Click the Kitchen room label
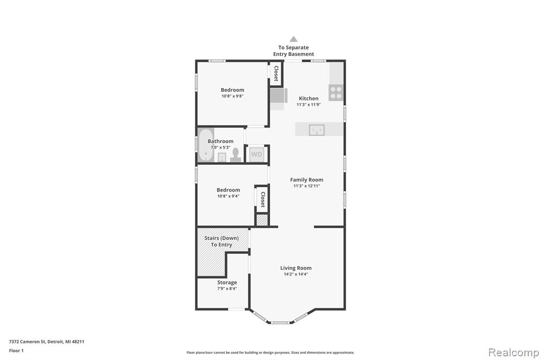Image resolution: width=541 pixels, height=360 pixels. [x=309, y=98]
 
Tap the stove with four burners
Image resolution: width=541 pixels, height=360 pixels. [x=335, y=92]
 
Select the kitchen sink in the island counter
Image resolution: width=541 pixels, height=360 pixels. [x=317, y=130]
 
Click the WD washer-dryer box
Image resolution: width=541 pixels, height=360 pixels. [x=256, y=154]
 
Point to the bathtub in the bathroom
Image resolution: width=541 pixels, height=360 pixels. [x=206, y=145]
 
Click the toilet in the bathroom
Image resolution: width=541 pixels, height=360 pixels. [x=236, y=155]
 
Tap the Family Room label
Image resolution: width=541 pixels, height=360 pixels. [x=306, y=179]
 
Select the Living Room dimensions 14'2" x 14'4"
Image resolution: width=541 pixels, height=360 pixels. [x=296, y=274]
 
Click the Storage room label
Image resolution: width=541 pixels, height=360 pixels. [x=227, y=282]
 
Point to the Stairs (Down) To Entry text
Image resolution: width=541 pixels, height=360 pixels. [x=221, y=241]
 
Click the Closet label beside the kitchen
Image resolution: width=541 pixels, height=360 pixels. [x=276, y=73]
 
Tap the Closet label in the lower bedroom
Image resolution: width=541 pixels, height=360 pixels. [x=263, y=200]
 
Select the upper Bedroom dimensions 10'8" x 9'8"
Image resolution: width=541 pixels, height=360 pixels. [x=232, y=96]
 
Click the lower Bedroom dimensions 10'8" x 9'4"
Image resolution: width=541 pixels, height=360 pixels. [x=228, y=196]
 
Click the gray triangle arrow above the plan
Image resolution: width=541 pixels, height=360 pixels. [x=294, y=39]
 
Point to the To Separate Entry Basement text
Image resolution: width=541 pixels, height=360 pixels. [x=294, y=51]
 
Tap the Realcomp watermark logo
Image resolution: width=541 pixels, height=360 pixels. [x=514, y=353]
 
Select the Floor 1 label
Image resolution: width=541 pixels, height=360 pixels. [x=16, y=350]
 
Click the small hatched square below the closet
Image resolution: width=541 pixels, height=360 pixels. [x=262, y=220]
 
